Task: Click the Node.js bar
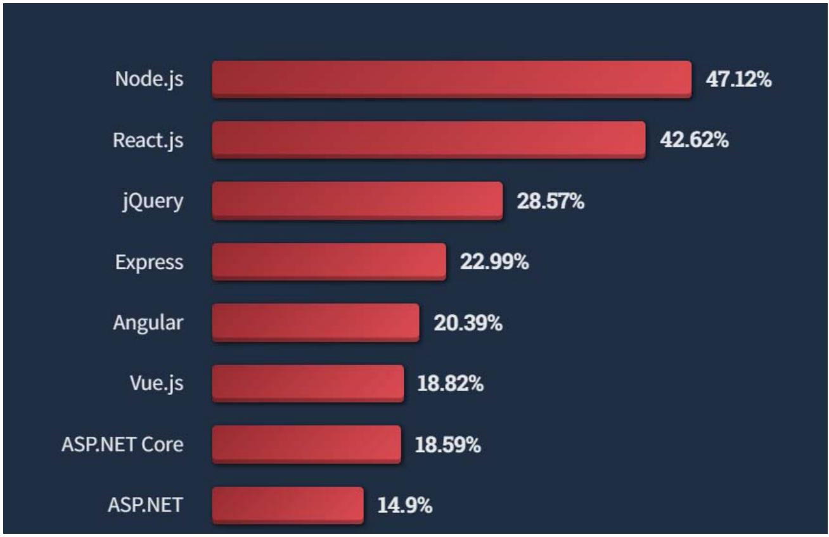coord(451,79)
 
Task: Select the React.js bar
coord(428,140)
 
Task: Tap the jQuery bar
coord(357,201)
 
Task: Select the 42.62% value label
coord(694,141)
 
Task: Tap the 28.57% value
coord(551,202)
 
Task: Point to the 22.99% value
coord(494,262)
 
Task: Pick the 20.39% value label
coord(468,323)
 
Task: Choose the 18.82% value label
coord(451,384)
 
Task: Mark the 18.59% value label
coord(447,445)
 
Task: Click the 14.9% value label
coord(405,506)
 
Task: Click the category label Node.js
coord(150,80)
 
